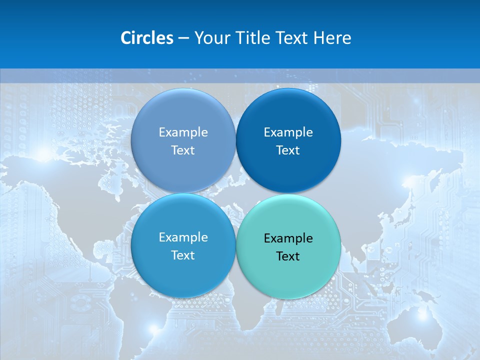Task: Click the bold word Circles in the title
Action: [146, 38]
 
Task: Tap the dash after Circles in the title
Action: [183, 38]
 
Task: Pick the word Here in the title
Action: [332, 38]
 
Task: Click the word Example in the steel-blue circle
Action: [183, 132]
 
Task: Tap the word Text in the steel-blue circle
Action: [183, 150]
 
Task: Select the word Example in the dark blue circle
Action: [288, 132]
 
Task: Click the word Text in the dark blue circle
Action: [288, 150]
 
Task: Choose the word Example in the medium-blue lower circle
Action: [183, 237]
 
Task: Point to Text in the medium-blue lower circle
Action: [183, 255]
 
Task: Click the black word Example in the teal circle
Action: [288, 238]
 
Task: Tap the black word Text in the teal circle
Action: [288, 256]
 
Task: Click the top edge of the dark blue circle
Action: [288, 89]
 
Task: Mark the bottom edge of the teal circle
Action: [288, 298]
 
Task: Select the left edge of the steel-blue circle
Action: [131, 141]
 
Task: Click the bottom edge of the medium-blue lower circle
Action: [183, 297]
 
